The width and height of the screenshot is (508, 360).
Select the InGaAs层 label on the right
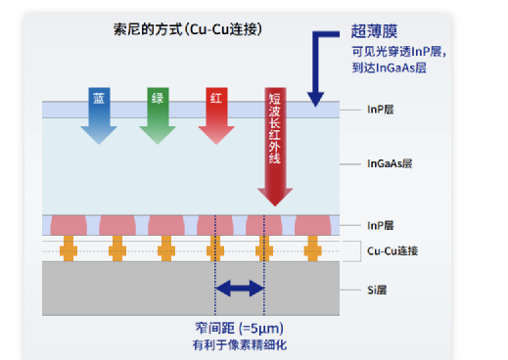click(x=389, y=163)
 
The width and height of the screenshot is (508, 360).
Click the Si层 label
click(x=379, y=291)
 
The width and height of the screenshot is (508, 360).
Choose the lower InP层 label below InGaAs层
click(x=380, y=225)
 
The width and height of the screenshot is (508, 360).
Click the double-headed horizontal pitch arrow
click(x=240, y=288)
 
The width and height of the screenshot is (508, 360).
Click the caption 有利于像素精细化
click(x=239, y=344)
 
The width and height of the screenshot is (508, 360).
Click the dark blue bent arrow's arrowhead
click(x=314, y=95)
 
